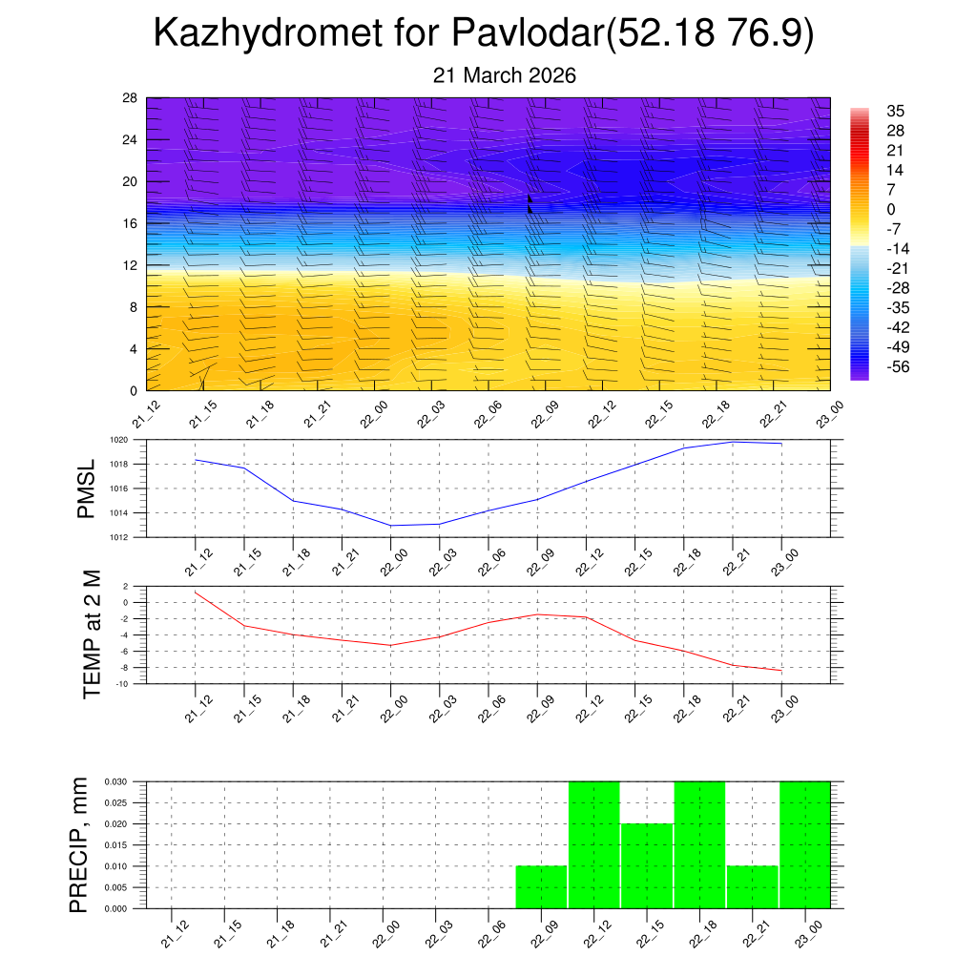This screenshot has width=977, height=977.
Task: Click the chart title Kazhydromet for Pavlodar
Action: point(483,34)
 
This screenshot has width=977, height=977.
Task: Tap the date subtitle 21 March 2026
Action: point(505,75)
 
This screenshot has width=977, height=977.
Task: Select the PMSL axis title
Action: point(87,488)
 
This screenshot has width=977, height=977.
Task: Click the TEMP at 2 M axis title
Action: point(92,634)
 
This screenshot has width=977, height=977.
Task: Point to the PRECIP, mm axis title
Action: point(80,844)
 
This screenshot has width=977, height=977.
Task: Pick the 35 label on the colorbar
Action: point(895,111)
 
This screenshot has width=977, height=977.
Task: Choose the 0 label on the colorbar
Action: point(891,210)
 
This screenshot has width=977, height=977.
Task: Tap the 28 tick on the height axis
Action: point(130,98)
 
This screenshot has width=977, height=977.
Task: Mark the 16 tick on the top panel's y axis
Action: point(130,223)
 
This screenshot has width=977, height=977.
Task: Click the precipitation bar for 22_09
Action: point(541,887)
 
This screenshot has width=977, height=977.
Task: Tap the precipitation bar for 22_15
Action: point(647,865)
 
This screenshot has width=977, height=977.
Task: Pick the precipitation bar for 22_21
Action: point(752,887)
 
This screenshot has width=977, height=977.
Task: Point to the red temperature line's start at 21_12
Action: point(196,592)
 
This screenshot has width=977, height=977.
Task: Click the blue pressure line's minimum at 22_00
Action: point(391,526)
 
